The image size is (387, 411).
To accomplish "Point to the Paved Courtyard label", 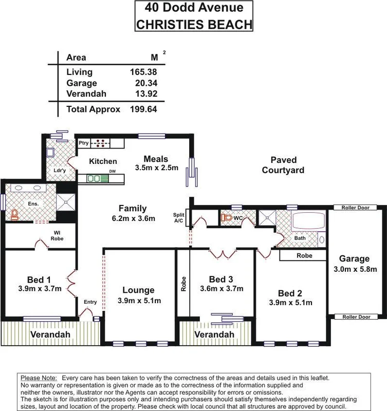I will coord(283,165).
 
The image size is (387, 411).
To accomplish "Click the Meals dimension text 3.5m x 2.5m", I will coord(156,167).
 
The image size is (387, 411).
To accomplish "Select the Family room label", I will coord(133,209).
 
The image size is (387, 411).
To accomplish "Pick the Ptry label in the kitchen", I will coord(84,143).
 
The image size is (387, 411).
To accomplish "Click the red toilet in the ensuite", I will coord(14,214).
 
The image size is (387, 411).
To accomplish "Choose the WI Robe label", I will coord(58,235).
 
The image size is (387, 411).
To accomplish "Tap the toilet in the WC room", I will coord(227,218).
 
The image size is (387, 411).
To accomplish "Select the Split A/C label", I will coord(178,217).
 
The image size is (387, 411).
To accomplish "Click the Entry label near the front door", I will coord(90,302).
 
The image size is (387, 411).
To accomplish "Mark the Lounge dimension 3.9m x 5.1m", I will coord(139,301).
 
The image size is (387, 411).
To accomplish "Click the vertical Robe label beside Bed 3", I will coord(183,284).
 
